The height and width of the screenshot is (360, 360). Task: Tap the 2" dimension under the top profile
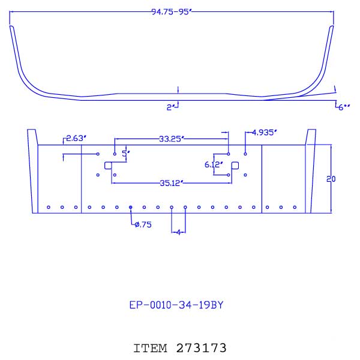point(170,107)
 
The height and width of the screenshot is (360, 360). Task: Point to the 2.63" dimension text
point(76,139)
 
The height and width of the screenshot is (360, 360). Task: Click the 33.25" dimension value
point(173,139)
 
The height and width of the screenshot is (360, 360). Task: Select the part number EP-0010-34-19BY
point(177,305)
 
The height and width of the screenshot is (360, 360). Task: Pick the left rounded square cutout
point(109,166)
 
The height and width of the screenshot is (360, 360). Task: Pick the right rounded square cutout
point(235,166)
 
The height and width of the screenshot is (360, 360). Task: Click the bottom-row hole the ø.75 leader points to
point(131,208)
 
